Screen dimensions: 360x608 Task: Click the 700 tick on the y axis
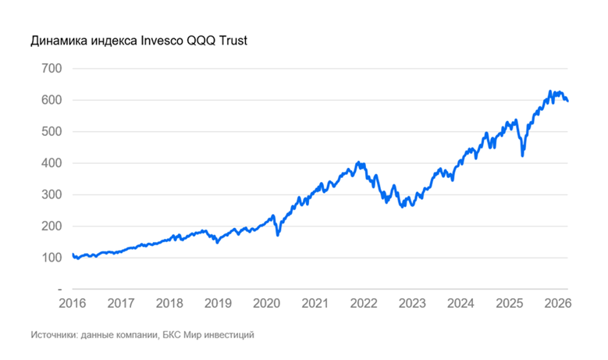point(50,68)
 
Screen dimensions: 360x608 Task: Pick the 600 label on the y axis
point(50,100)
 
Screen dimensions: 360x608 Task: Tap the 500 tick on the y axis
point(50,131)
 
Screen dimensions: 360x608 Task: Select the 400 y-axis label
point(50,163)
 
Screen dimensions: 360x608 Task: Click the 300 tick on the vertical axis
point(50,194)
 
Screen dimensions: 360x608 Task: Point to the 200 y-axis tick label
point(50,226)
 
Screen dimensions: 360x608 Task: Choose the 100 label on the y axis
point(50,258)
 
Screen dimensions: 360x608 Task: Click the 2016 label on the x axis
point(72,303)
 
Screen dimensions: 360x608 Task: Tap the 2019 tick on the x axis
point(218,303)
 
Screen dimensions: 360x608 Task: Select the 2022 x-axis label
point(364,303)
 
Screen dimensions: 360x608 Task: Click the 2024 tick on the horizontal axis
point(460,303)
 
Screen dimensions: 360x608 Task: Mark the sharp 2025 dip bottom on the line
point(522,155)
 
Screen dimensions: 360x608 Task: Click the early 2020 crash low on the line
point(278,234)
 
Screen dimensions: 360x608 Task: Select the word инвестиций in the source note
point(231,335)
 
